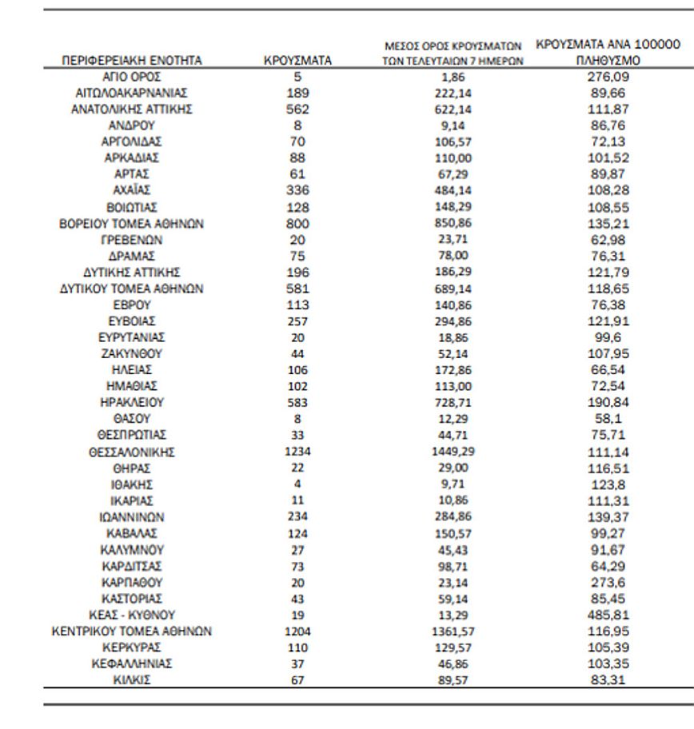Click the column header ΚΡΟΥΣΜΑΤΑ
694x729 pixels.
[297, 60]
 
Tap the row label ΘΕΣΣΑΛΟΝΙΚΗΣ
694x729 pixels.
[132, 452]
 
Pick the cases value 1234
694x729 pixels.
[297, 452]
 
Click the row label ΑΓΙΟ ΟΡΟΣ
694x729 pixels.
[132, 76]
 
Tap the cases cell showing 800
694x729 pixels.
[297, 223]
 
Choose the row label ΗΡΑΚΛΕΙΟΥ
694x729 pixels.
[132, 403]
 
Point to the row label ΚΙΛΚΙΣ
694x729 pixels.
[132, 680]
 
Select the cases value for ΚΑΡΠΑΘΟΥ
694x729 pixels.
[297, 582]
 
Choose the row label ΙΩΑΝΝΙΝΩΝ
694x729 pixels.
[132, 517]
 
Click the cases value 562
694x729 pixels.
[297, 109]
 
